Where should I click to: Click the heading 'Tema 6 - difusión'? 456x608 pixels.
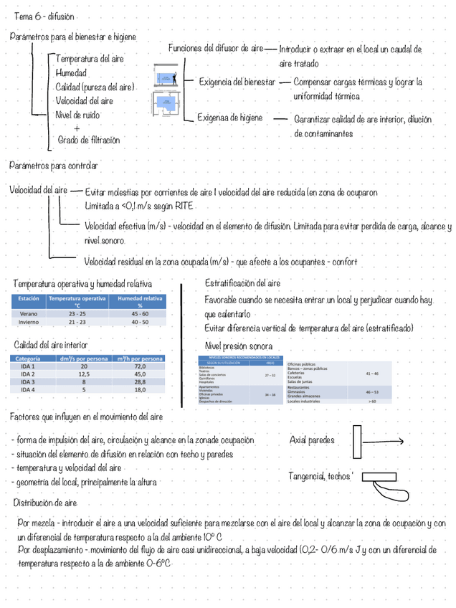click(x=43, y=16)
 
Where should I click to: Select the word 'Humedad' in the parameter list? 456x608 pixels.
click(x=71, y=73)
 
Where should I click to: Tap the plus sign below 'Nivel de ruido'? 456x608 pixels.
click(x=77, y=128)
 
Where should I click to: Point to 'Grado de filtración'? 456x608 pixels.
click(x=89, y=141)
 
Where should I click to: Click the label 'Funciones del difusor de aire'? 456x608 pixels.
click(x=216, y=49)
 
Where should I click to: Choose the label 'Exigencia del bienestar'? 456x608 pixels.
click(x=237, y=82)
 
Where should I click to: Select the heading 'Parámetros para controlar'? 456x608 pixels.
click(x=53, y=166)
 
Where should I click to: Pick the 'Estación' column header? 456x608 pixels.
click(x=29, y=298)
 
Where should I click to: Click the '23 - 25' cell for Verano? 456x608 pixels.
click(x=77, y=314)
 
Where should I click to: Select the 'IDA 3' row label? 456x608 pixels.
click(x=28, y=382)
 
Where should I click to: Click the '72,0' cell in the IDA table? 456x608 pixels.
click(x=140, y=366)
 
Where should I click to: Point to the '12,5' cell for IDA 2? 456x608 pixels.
click(x=83, y=374)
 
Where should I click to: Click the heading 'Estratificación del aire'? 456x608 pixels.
click(x=242, y=283)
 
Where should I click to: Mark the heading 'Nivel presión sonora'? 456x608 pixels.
click(x=239, y=346)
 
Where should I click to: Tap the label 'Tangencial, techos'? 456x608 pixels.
click(x=320, y=476)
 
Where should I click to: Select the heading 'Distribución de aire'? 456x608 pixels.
click(x=45, y=503)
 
